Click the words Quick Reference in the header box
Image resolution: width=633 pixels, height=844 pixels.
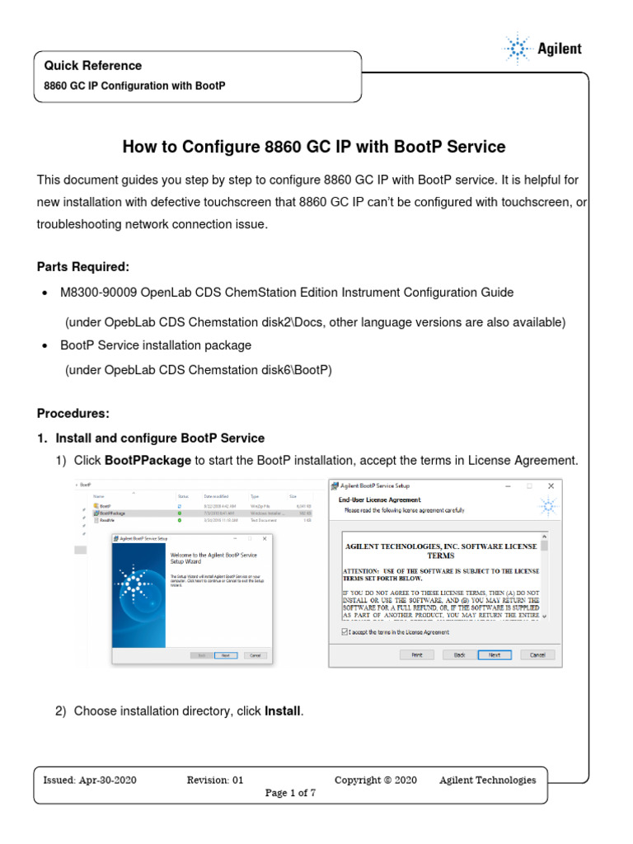pyautogui.click(x=92, y=66)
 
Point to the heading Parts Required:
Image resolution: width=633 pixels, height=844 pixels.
pyautogui.click(x=82, y=267)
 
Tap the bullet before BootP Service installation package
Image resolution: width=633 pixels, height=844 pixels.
pyautogui.click(x=44, y=345)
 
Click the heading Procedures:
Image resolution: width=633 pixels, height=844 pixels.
pyautogui.click(x=73, y=413)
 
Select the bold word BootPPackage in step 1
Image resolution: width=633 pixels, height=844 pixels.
pyautogui.click(x=148, y=460)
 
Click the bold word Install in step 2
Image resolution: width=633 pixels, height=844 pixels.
pyautogui.click(x=283, y=710)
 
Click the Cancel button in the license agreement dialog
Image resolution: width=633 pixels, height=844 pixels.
pyautogui.click(x=537, y=654)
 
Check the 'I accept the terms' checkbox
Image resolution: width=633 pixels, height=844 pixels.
pyautogui.click(x=345, y=632)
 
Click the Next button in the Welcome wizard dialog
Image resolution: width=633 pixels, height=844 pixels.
pyautogui.click(x=224, y=655)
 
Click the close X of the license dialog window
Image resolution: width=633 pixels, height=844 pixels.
pyautogui.click(x=551, y=486)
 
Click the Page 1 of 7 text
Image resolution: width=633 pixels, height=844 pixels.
pyautogui.click(x=290, y=793)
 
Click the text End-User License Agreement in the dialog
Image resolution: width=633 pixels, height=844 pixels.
pyautogui.click(x=380, y=499)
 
